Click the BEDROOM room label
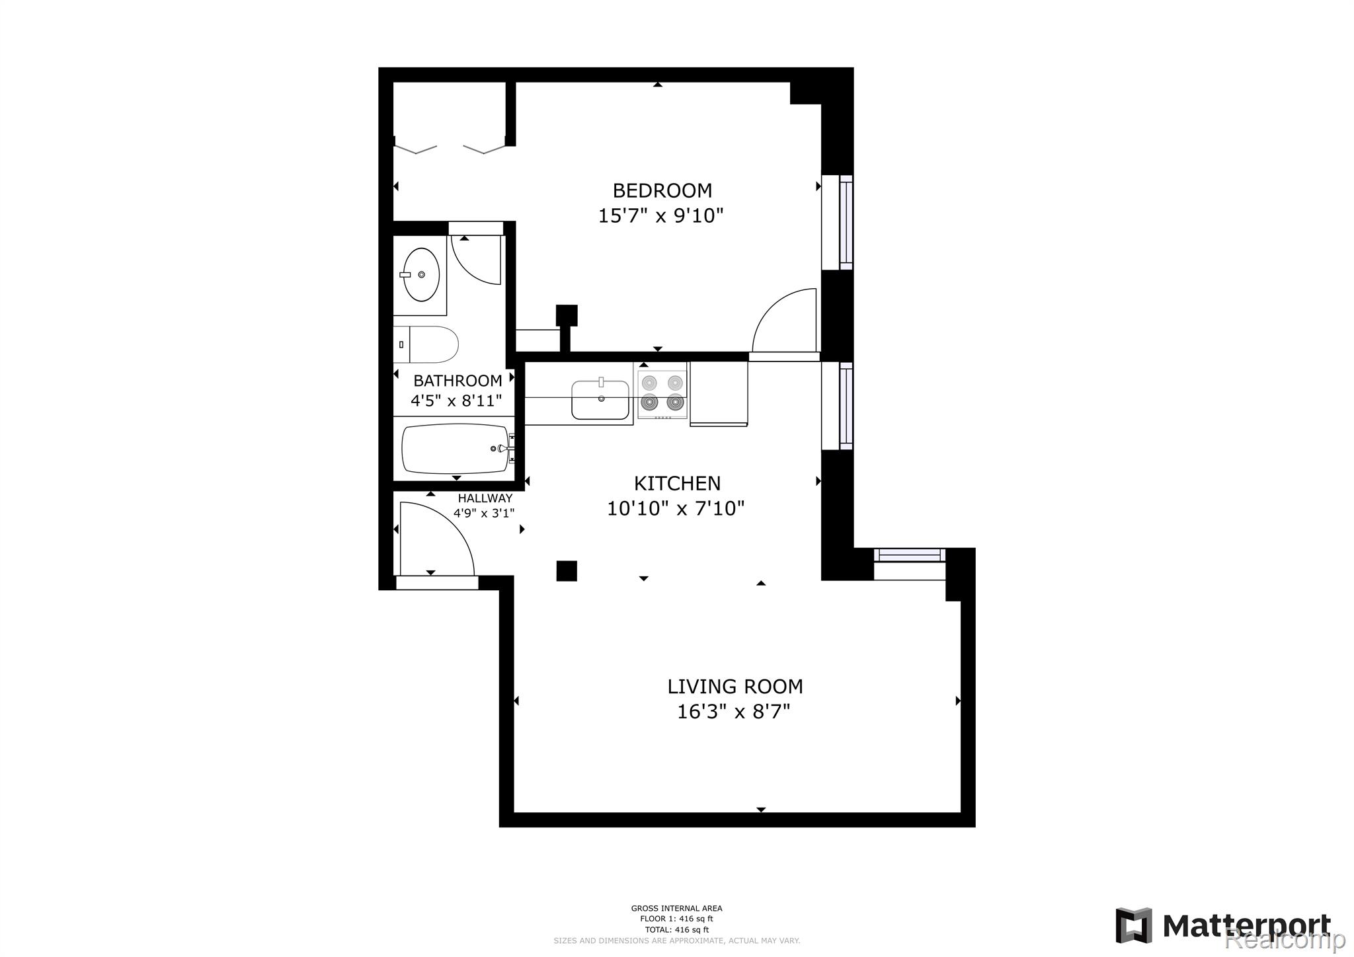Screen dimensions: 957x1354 pyautogui.click(x=662, y=190)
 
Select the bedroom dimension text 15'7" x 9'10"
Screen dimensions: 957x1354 pyautogui.click(x=660, y=215)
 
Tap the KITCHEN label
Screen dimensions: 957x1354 pyautogui.click(x=677, y=483)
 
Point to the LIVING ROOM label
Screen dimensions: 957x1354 pyautogui.click(x=735, y=686)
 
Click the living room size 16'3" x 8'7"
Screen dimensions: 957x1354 pyautogui.click(x=734, y=712)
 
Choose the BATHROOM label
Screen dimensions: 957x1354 pyautogui.click(x=458, y=381)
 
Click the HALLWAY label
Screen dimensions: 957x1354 pyautogui.click(x=485, y=498)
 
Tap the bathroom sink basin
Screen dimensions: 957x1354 pyautogui.click(x=421, y=274)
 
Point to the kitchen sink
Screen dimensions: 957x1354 pyautogui.click(x=600, y=399)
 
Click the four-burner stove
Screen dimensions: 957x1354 pyautogui.click(x=662, y=394)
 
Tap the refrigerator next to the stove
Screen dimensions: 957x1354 pyautogui.click(x=719, y=393)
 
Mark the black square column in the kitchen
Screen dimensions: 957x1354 pyautogui.click(x=567, y=570)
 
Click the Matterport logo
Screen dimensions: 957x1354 pyautogui.click(x=1222, y=925)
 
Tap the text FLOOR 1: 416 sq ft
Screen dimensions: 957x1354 pyautogui.click(x=676, y=919)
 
